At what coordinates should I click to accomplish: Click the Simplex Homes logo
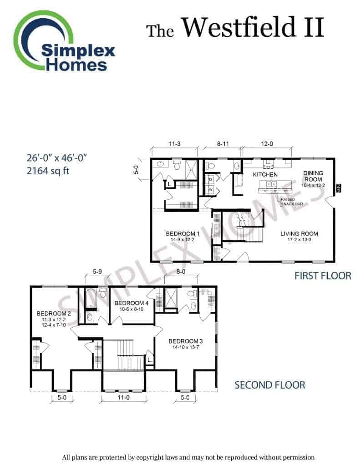tap(64, 41)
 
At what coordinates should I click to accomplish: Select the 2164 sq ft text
tap(48, 171)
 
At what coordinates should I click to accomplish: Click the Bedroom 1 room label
tap(183, 233)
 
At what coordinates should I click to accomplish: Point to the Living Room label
tap(299, 233)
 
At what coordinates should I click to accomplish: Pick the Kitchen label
tap(265, 174)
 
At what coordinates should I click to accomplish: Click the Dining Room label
tap(313, 176)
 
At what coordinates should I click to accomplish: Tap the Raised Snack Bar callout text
tap(292, 202)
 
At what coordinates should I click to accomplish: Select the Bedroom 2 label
tap(54, 313)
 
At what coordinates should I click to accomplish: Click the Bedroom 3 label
tap(186, 341)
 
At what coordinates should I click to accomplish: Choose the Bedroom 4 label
tap(132, 303)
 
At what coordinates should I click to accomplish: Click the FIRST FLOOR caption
tap(323, 276)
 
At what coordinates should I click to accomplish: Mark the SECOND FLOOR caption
tap(270, 385)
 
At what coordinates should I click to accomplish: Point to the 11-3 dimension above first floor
tap(174, 144)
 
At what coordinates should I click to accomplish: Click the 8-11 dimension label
tap(223, 144)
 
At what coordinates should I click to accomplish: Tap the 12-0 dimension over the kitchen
tap(267, 144)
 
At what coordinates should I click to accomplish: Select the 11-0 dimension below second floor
tap(123, 397)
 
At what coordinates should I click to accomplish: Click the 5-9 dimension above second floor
tap(97, 272)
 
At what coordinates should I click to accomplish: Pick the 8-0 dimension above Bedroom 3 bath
tap(181, 272)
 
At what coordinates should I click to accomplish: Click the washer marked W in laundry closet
tap(211, 189)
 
